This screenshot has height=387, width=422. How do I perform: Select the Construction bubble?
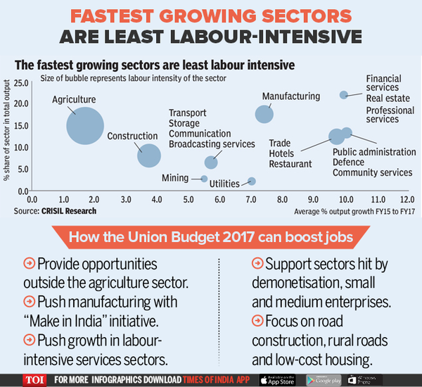(149, 155)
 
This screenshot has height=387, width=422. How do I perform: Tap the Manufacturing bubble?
(264, 114)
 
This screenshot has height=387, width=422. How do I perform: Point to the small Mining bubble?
(205, 179)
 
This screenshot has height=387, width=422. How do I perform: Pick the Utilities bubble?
(252, 182)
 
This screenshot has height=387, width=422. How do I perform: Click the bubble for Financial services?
(344, 95)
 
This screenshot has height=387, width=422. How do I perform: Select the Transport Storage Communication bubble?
(211, 163)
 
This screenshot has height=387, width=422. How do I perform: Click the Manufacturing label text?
(291, 96)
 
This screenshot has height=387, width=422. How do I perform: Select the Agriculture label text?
(74, 100)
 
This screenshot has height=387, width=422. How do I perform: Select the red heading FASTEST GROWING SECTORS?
(211, 15)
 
